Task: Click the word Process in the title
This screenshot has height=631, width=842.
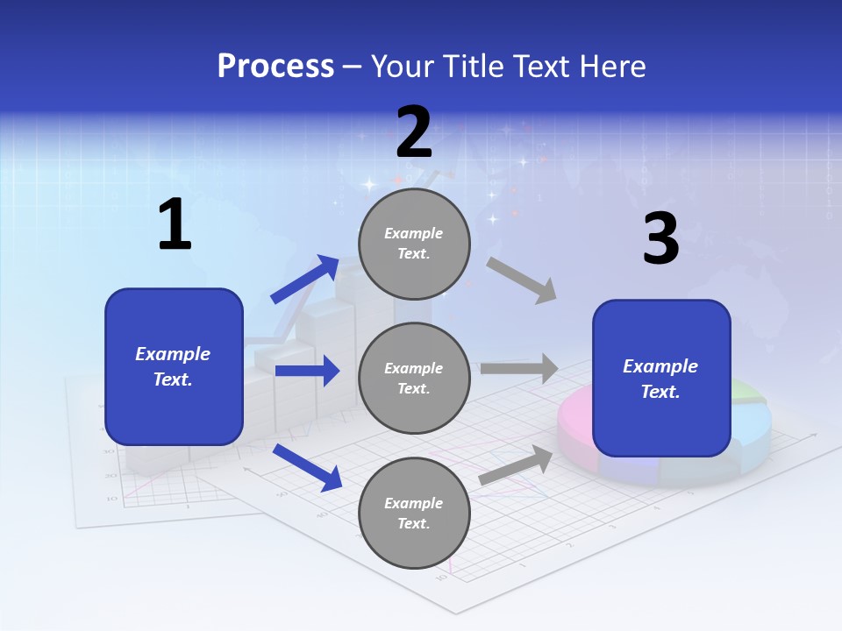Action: pyautogui.click(x=275, y=67)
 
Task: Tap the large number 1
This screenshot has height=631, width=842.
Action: pyautogui.click(x=175, y=225)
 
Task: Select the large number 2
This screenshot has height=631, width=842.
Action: pyautogui.click(x=414, y=132)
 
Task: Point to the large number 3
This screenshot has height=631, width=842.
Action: pyautogui.click(x=660, y=238)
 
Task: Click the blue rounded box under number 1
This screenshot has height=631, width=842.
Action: pyautogui.click(x=174, y=366)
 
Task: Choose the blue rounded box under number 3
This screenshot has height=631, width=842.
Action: pyautogui.click(x=661, y=378)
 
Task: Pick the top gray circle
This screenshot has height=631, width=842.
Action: pyautogui.click(x=414, y=244)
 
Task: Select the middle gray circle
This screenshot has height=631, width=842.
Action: pyautogui.click(x=414, y=378)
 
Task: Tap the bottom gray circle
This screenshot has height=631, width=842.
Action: pyautogui.click(x=414, y=513)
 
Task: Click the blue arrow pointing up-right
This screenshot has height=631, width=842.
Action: pyautogui.click(x=305, y=279)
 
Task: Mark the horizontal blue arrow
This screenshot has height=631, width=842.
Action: pyautogui.click(x=307, y=371)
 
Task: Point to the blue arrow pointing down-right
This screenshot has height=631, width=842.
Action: pyautogui.click(x=307, y=467)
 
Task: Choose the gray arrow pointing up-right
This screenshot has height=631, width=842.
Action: pyautogui.click(x=516, y=465)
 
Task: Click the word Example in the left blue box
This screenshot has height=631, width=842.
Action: pyautogui.click(x=173, y=354)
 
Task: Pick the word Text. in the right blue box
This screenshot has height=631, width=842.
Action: pyautogui.click(x=660, y=392)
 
